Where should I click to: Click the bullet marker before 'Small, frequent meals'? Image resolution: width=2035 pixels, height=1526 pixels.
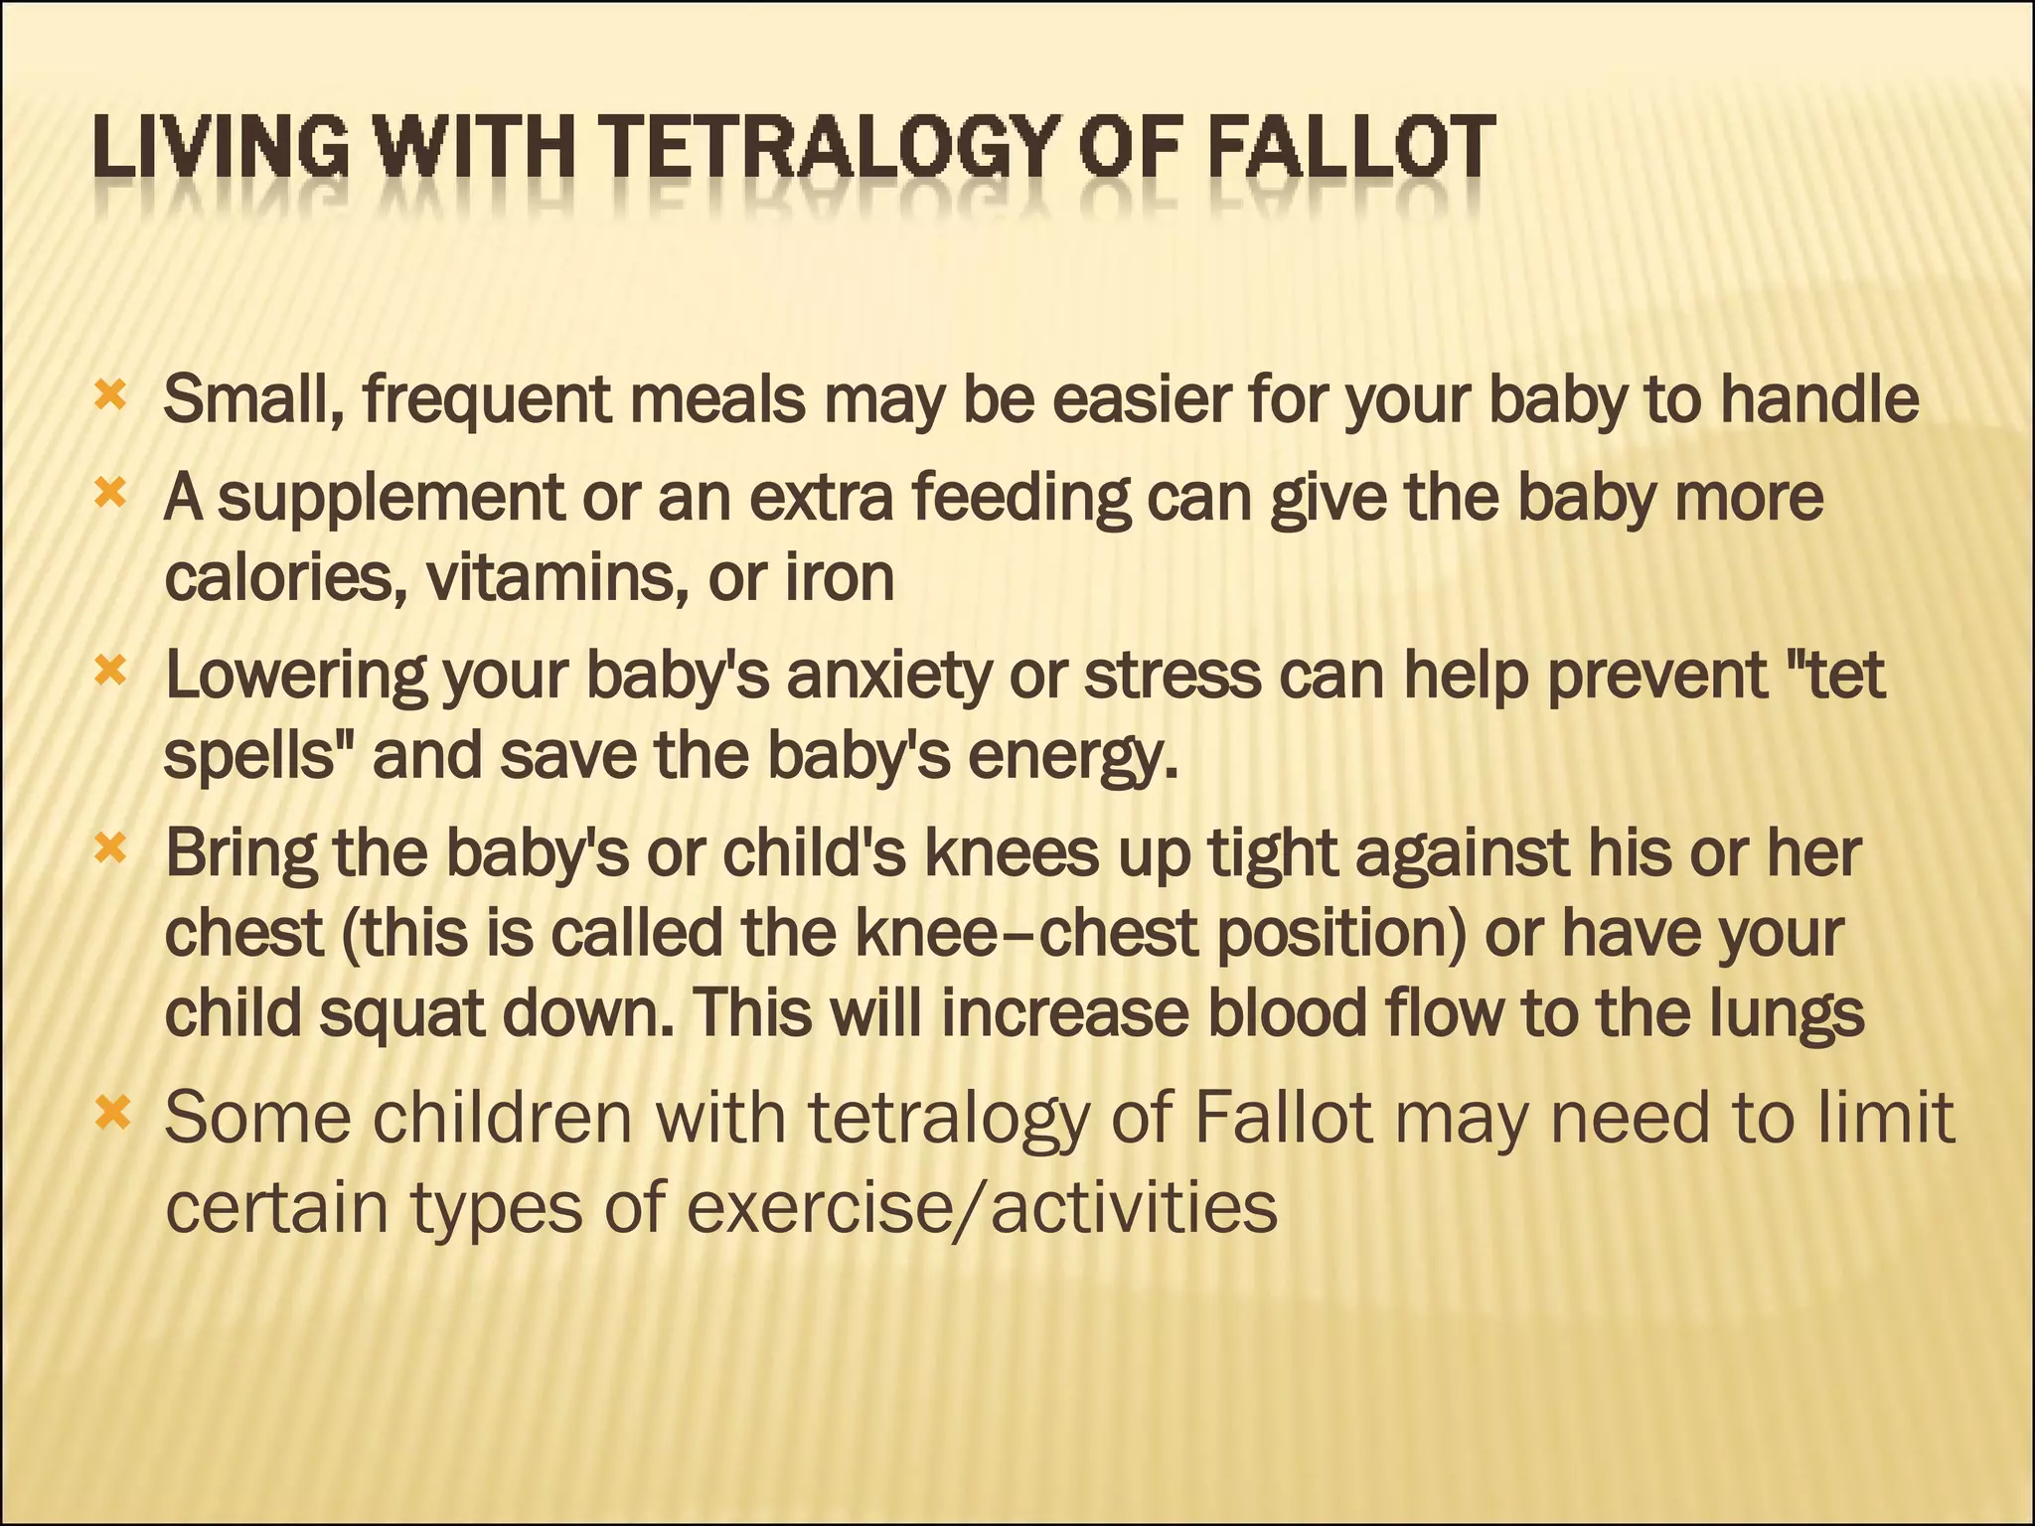tap(110, 396)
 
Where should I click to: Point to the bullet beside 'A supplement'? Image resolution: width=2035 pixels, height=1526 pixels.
tap(110, 493)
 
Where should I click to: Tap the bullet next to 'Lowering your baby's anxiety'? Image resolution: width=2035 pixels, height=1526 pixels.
tap(110, 673)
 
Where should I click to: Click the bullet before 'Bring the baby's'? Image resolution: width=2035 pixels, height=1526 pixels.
tap(110, 849)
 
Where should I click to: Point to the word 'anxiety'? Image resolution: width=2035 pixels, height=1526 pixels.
tap(889, 677)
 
